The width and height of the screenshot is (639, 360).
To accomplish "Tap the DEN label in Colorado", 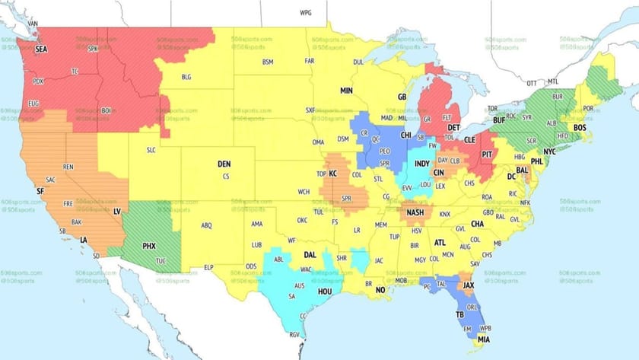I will tap(224, 164).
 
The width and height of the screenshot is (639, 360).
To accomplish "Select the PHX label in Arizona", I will tap(149, 247).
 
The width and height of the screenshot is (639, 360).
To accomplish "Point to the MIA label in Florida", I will tap(484, 339).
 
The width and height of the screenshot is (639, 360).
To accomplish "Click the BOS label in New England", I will tap(580, 127).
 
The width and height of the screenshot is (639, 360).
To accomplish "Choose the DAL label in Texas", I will tap(310, 255).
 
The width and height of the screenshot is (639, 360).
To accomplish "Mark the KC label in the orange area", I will tap(332, 174).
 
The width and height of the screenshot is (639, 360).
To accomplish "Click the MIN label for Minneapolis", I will tap(346, 91).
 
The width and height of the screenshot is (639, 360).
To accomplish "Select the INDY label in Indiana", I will tap(421, 164).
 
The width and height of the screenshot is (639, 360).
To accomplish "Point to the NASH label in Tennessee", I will tap(415, 212).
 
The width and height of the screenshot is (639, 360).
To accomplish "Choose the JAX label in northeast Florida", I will tap(469, 285).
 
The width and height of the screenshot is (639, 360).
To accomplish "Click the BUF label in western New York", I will tap(499, 120).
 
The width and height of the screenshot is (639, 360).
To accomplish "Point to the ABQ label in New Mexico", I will tap(206, 225).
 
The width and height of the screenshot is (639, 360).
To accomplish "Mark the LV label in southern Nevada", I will tap(117, 210).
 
